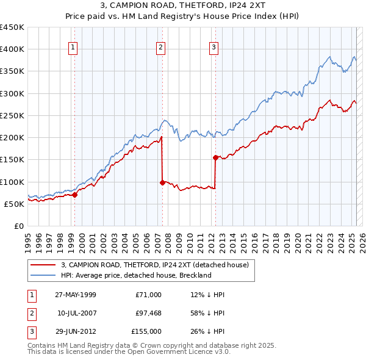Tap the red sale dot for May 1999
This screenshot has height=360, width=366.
74,195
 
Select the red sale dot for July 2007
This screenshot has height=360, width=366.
162,182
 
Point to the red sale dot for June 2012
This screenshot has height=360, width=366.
215,157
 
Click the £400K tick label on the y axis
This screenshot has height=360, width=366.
12,49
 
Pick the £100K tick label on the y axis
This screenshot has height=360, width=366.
12,182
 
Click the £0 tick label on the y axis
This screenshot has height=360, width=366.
18,226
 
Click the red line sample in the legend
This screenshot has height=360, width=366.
43,265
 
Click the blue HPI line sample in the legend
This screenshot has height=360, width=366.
43,275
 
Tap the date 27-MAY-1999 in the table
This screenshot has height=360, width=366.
76,295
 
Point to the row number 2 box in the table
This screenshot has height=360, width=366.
30,313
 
